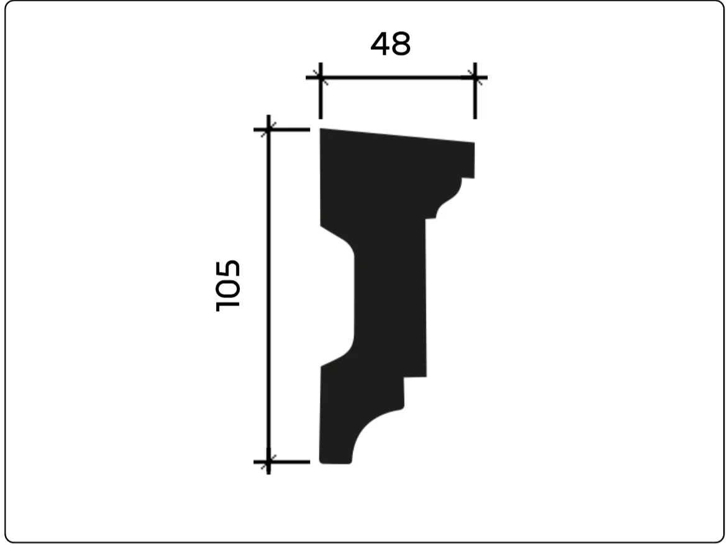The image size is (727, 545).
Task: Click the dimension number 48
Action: tap(390, 44)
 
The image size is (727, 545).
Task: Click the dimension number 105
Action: tap(228, 286)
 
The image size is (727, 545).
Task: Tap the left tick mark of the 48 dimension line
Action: tap(321, 78)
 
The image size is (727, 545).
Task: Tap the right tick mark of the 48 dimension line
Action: tap(475, 78)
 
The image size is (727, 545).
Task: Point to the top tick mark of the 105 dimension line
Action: tap(268, 129)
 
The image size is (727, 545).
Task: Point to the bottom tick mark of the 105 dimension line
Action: tap(268, 462)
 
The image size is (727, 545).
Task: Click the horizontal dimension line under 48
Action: tap(397, 78)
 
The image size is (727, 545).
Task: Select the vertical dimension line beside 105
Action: tap(268, 295)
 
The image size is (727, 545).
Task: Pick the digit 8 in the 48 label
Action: tap(401, 45)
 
